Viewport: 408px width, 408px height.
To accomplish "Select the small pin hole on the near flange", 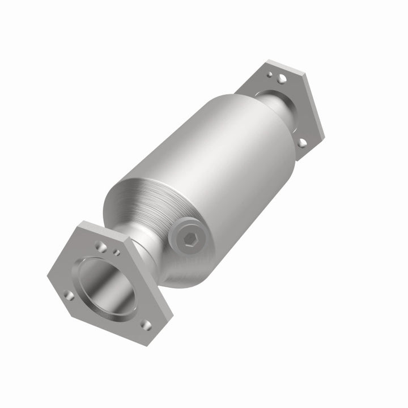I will coord(117,252).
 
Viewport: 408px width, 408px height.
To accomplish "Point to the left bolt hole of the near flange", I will coord(69,295).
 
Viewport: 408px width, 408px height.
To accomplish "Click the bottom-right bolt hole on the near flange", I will coord(146,325).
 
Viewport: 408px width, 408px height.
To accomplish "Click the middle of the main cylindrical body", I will coord(215,170).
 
